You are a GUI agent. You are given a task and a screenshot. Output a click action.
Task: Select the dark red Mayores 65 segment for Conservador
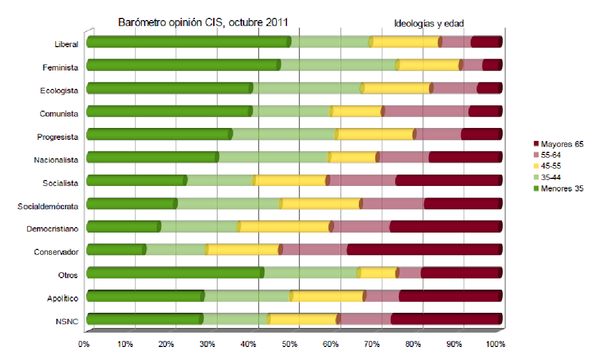424,249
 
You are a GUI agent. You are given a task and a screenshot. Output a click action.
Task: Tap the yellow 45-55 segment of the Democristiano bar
284,227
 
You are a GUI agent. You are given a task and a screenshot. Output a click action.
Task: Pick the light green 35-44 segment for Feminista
338,66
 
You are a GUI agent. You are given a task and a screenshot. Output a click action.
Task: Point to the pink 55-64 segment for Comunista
426,112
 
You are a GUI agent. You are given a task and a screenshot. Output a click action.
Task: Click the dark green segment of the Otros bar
174,273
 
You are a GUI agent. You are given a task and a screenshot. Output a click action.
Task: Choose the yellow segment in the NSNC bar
303,319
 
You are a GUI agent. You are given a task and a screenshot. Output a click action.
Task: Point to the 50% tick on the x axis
290,344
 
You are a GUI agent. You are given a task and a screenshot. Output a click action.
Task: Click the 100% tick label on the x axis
496,344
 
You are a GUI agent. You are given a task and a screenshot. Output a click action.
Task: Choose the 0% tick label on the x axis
84,344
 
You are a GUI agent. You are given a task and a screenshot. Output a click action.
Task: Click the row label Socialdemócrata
48,206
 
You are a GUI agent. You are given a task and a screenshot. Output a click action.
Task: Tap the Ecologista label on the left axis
59,91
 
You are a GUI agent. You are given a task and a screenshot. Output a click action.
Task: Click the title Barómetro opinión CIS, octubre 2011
203,22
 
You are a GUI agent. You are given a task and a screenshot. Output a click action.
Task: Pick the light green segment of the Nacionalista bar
273,157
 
